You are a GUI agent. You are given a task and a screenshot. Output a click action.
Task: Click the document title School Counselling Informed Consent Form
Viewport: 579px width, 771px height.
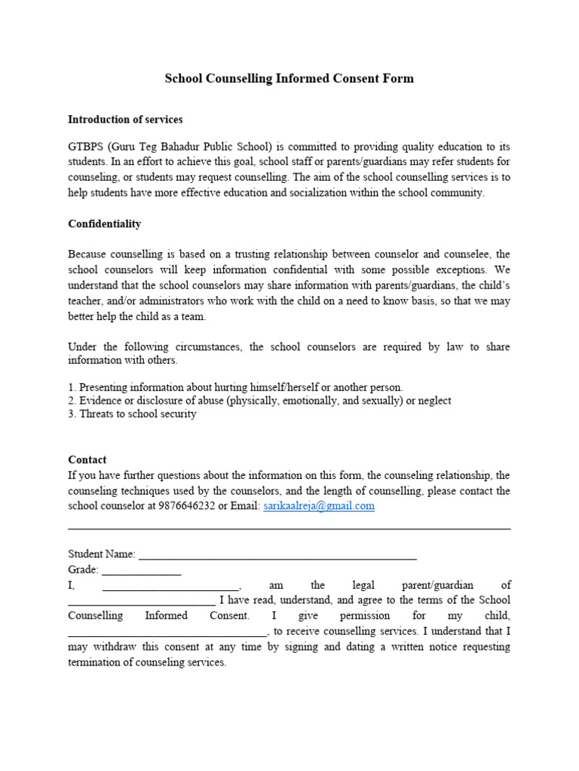tap(289, 78)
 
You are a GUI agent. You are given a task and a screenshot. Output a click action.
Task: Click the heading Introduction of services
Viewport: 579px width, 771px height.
tap(125, 119)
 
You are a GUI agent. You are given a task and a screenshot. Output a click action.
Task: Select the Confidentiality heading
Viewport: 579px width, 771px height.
tap(104, 224)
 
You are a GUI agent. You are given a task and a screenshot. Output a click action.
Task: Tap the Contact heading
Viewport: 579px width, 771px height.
tap(87, 459)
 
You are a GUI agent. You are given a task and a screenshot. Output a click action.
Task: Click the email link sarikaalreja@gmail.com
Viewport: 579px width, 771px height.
tap(319, 506)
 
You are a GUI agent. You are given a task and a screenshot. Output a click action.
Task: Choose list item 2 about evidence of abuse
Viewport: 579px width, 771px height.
tap(259, 400)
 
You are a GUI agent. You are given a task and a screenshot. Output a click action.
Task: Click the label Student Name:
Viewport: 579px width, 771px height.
tap(102, 553)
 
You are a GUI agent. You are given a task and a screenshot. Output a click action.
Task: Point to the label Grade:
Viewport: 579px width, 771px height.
tap(84, 569)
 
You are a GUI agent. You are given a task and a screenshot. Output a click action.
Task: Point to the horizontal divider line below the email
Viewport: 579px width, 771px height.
tap(289, 528)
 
